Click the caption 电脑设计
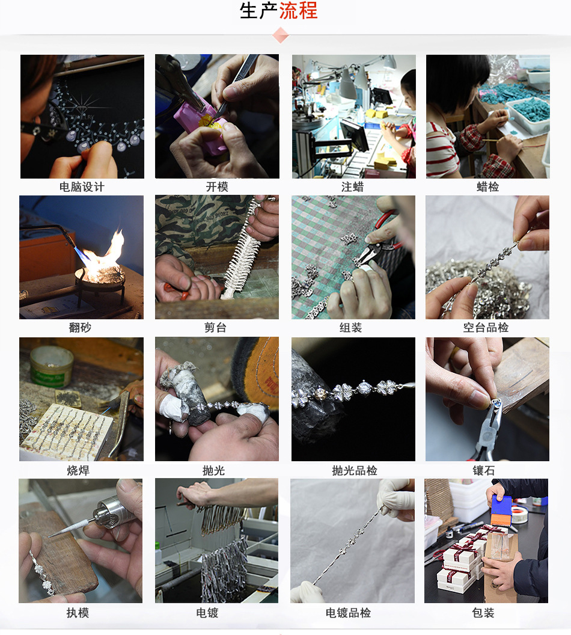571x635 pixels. click(x=82, y=186)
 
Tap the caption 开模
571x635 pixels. click(x=217, y=186)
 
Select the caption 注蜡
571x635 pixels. click(x=352, y=186)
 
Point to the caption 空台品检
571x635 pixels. click(x=486, y=327)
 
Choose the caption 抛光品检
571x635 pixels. click(x=355, y=470)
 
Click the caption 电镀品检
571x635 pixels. click(x=348, y=613)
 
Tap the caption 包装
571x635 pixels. click(x=483, y=613)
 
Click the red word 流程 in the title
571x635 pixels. click(x=298, y=11)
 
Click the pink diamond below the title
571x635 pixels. click(x=281, y=35)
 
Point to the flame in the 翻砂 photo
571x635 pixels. click(x=106, y=255)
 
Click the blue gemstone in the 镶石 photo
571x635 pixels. click(x=496, y=403)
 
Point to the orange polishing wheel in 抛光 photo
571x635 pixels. click(x=260, y=371)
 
